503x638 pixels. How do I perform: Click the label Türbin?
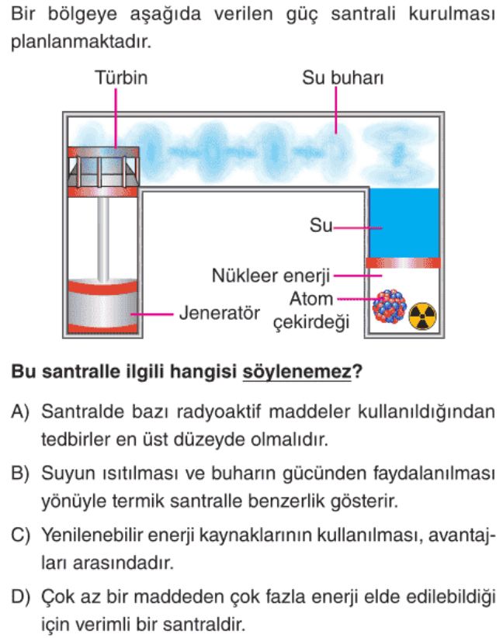(121, 78)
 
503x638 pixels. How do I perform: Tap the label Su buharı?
(342, 78)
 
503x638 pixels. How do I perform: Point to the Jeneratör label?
(220, 313)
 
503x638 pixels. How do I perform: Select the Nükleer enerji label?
(271, 276)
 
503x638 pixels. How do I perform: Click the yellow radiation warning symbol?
(422, 316)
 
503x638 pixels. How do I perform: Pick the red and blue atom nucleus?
(389, 307)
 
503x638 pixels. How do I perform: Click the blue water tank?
(404, 223)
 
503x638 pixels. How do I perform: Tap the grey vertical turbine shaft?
(103, 239)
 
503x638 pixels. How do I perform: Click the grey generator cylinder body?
(102, 307)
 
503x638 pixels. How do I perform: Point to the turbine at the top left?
(103, 172)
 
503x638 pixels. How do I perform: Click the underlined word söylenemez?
(297, 372)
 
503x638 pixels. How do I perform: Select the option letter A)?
(20, 411)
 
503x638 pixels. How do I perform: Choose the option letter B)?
(20, 473)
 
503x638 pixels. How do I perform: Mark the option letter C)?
(20, 535)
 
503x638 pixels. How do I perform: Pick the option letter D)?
(20, 597)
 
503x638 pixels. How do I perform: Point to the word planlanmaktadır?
(81, 41)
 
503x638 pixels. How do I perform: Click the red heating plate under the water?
(403, 263)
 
